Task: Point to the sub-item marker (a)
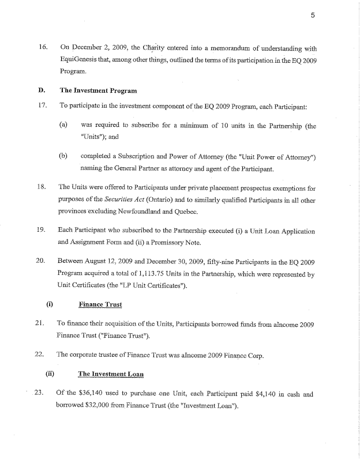pyautogui.click(x=64, y=125)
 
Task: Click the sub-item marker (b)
pyautogui.click(x=64, y=156)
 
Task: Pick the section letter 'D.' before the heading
pyautogui.click(x=42, y=91)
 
